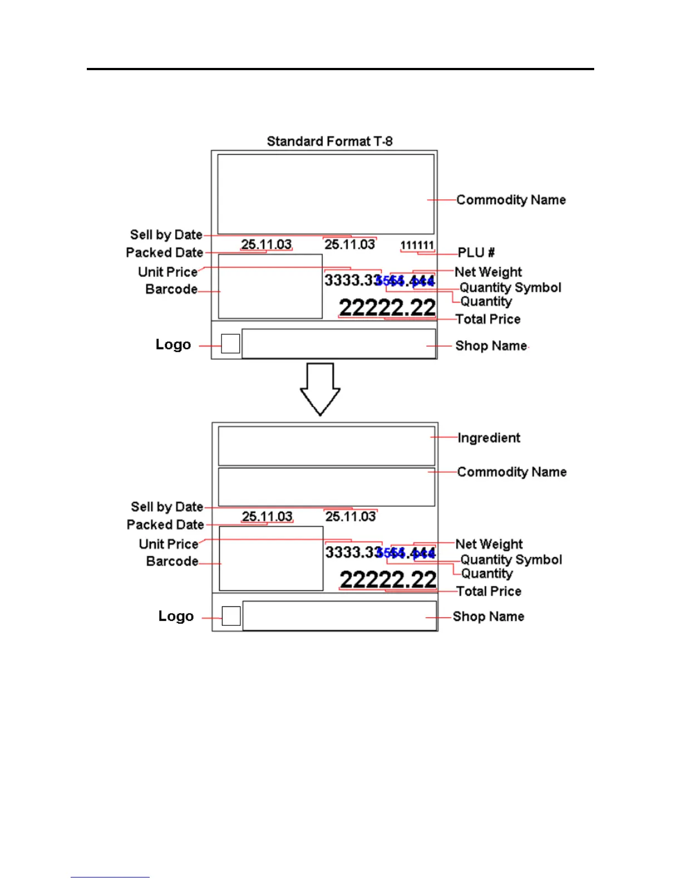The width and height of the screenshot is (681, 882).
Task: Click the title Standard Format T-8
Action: pos(329,141)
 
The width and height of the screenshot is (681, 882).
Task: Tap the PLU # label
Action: pos(476,253)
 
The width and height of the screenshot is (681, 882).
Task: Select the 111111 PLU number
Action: pos(417,245)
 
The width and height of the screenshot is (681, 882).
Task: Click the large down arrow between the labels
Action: pos(320,389)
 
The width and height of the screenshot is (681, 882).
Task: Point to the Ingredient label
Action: pos(488,438)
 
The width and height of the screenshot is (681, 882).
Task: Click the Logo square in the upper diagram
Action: pos(230,344)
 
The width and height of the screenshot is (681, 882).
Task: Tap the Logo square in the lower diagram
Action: pos(231,616)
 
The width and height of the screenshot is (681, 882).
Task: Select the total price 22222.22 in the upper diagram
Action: pos(387,307)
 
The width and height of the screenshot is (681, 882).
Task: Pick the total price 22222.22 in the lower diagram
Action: pos(388,580)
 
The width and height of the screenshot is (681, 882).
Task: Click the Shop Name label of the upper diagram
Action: pos(491,346)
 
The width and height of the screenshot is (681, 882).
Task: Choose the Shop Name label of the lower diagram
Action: pos(488,616)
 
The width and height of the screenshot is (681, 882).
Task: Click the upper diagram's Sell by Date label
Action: pos(166,235)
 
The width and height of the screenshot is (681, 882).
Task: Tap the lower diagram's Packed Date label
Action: pos(165,525)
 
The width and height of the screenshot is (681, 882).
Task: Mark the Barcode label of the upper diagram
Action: pos(171,290)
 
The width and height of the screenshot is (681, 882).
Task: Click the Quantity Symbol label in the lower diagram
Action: pos(511,560)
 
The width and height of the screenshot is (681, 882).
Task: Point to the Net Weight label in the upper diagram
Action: pos(488,272)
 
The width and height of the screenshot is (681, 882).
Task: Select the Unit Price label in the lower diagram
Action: pos(169,544)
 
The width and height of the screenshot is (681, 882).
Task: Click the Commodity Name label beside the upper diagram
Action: pos(511,200)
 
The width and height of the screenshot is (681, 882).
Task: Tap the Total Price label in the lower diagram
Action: pos(488,591)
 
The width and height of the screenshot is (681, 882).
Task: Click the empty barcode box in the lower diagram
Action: pos(271,558)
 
